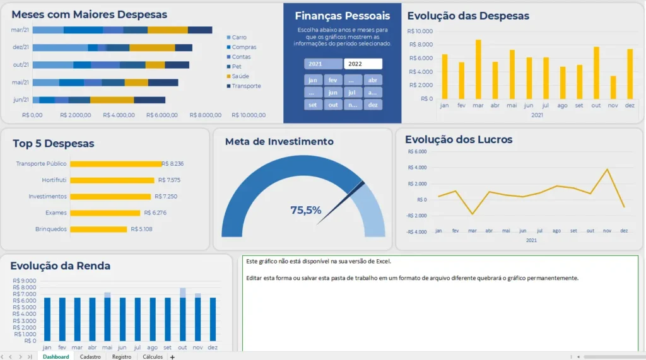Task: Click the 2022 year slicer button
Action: (x=363, y=64)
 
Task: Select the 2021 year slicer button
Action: (x=323, y=64)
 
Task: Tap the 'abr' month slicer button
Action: (x=373, y=80)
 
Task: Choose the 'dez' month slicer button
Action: (x=373, y=105)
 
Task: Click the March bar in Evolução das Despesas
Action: (x=478, y=69)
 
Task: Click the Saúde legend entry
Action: (x=240, y=76)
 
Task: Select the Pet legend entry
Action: (x=237, y=66)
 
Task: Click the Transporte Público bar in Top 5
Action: (x=116, y=164)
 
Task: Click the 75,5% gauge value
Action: (x=306, y=211)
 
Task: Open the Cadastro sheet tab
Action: (x=90, y=357)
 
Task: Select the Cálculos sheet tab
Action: (x=153, y=357)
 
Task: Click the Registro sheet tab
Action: (x=122, y=357)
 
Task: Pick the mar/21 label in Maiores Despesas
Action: (x=20, y=30)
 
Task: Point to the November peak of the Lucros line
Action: (x=607, y=170)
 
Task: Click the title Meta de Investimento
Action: (x=279, y=142)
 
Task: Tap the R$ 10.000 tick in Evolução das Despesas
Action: (x=421, y=31)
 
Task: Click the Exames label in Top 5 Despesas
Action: (x=56, y=213)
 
